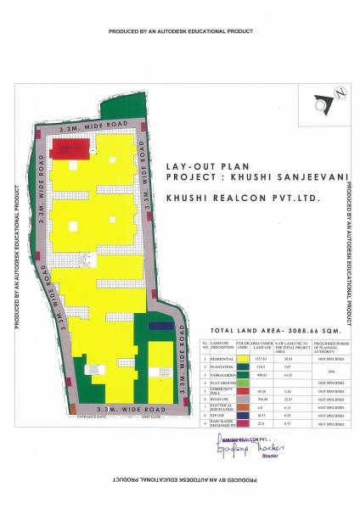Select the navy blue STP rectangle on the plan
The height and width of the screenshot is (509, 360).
160,323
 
